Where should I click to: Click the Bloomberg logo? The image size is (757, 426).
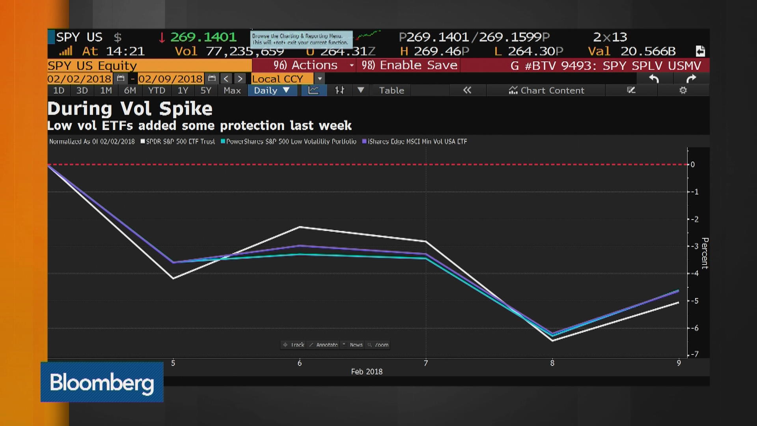pyautogui.click(x=102, y=382)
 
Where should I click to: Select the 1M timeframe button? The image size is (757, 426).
pyautogui.click(x=106, y=90)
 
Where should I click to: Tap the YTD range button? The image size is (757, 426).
pyautogui.click(x=157, y=90)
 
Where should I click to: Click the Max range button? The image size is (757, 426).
pyautogui.click(x=232, y=90)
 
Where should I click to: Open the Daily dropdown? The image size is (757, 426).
pyautogui.click(x=272, y=90)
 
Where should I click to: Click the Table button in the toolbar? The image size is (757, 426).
pyautogui.click(x=391, y=90)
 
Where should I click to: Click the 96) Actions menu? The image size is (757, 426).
pyautogui.click(x=306, y=65)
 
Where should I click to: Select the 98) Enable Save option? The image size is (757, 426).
pyautogui.click(x=409, y=65)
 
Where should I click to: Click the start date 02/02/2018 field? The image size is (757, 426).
pyautogui.click(x=79, y=79)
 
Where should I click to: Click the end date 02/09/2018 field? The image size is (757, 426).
pyautogui.click(x=170, y=79)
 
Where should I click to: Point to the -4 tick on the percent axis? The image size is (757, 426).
pyautogui.click(x=695, y=273)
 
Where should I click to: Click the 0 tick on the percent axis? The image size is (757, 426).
pyautogui.click(x=693, y=164)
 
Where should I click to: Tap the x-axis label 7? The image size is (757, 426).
pyautogui.click(x=426, y=363)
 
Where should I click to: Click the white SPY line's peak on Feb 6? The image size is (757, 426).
pyautogui.click(x=300, y=227)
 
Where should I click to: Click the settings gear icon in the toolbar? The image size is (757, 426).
pyautogui.click(x=683, y=90)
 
